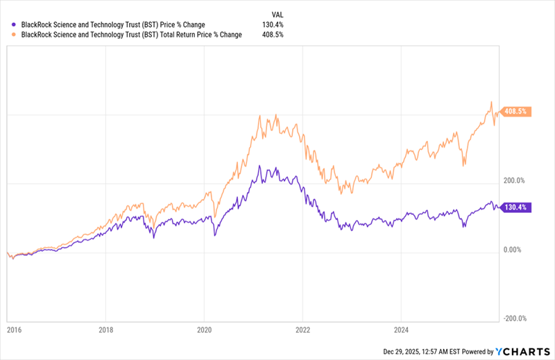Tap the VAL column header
coord(277,14)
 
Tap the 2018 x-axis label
coord(105,332)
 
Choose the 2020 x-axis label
coord(204,332)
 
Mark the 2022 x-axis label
coord(302,332)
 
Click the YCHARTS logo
coord(522,351)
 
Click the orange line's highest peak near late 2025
coord(491,102)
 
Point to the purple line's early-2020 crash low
coord(214,236)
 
